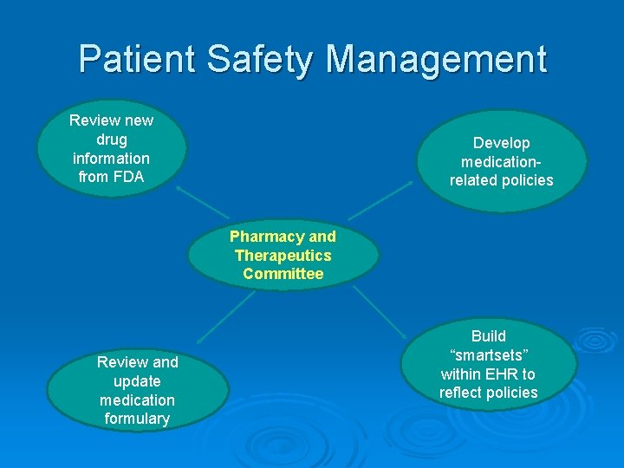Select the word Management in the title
[x=437, y=59]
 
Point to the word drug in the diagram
[x=112, y=140]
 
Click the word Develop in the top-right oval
[x=501, y=143]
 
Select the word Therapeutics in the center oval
[x=283, y=256]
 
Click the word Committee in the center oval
[x=283, y=274]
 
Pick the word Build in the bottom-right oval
[x=488, y=336]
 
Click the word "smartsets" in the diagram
[x=488, y=355]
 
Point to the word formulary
[x=137, y=419]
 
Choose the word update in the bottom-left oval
[x=137, y=381]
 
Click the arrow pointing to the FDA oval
[x=201, y=201]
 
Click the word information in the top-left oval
[x=112, y=159]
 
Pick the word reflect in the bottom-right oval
[x=462, y=393]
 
